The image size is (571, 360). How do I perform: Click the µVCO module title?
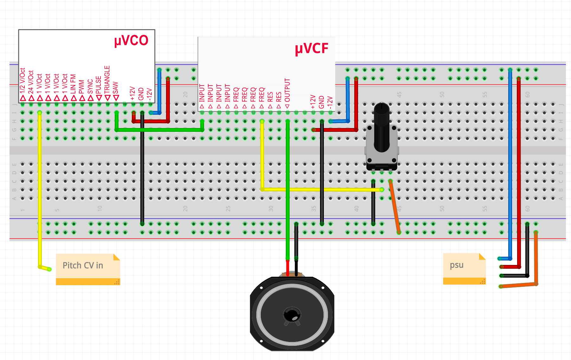131,41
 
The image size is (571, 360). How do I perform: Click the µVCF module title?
311,49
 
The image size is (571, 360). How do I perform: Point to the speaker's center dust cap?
292,314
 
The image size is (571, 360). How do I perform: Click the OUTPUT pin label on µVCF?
287,90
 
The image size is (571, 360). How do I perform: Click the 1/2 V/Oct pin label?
22,81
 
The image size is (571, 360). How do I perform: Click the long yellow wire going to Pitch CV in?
40,190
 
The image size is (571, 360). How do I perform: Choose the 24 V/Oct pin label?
31,82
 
